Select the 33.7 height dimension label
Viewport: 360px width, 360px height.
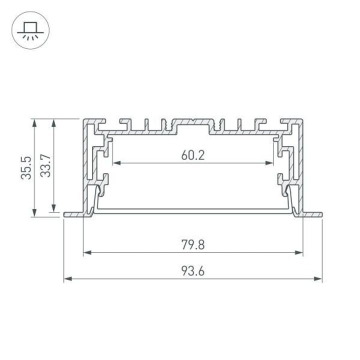(46, 165)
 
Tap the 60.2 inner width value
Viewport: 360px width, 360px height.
(193, 155)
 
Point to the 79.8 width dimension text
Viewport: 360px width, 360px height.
(193, 245)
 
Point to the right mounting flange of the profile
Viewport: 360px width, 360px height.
(312, 214)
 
